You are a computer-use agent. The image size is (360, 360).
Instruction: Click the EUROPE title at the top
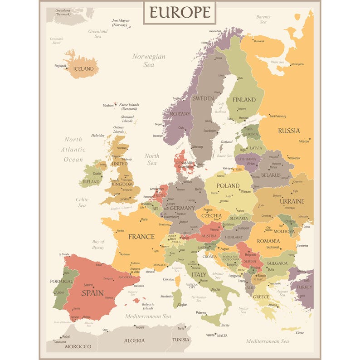pos(180,12)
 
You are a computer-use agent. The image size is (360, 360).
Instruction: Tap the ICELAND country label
pos(83,69)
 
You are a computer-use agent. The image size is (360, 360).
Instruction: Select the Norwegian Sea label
pos(149,61)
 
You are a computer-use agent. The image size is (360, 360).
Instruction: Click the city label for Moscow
pos(304,141)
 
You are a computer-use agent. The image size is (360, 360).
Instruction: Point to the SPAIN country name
pos(92,293)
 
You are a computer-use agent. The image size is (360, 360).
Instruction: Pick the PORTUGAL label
pos(62,282)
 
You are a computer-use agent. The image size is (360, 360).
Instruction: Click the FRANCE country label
pos(141,237)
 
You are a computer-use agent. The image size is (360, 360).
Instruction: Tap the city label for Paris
pos(144,220)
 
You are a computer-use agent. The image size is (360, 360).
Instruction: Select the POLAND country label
pos(228,185)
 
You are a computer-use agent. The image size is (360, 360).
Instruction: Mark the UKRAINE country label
pos(292,201)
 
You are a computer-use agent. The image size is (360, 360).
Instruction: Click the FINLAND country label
pos(244,100)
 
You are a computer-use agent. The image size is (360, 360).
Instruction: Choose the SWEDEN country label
pos(203,98)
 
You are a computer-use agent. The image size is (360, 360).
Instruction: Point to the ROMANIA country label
pos(268,241)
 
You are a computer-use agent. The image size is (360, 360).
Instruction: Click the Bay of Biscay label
pos(98,244)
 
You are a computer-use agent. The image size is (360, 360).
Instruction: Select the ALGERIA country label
pos(135,340)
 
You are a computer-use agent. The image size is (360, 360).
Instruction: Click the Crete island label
pos(299,332)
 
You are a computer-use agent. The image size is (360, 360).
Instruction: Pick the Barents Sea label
pos(263,20)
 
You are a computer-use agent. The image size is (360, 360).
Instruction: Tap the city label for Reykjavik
pos(60,66)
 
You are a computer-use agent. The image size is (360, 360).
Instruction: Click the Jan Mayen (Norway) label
pos(121,23)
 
